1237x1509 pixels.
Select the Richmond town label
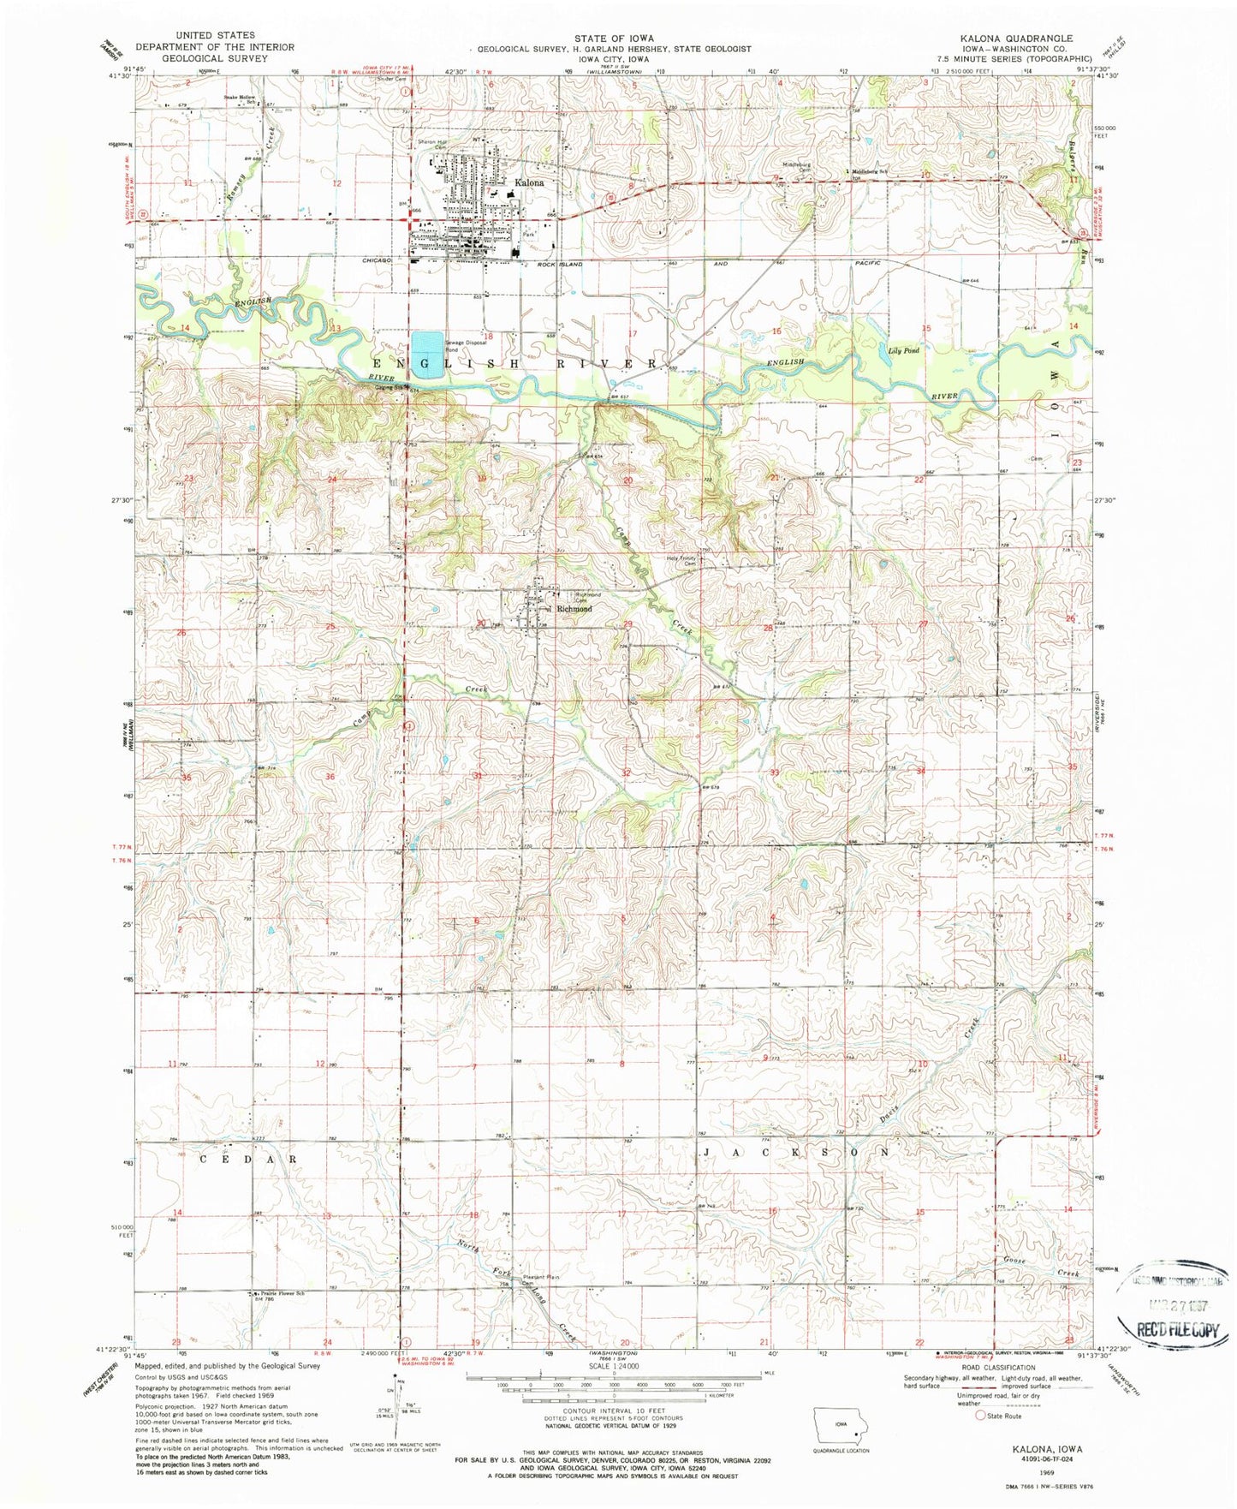click(574, 609)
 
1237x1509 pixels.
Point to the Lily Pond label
click(903, 351)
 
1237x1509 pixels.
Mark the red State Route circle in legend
click(981, 1416)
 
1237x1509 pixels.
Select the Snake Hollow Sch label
click(242, 98)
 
